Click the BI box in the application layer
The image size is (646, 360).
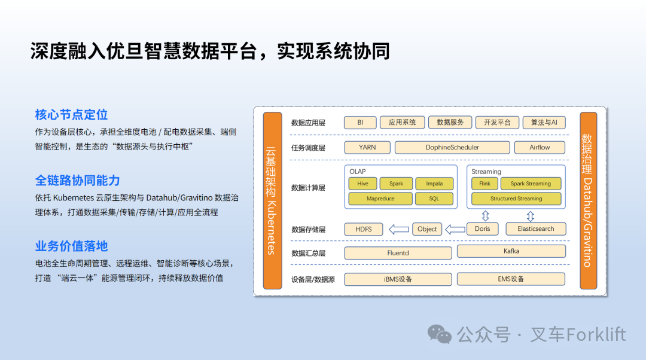tap(360, 123)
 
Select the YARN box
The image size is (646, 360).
tap(367, 147)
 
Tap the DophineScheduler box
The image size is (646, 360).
tap(452, 147)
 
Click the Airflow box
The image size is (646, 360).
tap(540, 147)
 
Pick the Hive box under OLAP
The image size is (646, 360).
tap(362, 184)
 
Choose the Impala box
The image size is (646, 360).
tap(434, 184)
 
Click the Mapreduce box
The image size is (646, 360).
tap(380, 199)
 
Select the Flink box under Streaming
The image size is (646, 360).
tap(484, 184)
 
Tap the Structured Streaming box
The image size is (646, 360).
tap(516, 199)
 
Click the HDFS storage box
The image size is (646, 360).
tap(364, 229)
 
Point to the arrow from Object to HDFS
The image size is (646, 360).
tap(398, 229)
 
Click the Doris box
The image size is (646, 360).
tap(482, 229)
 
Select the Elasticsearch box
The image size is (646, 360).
tap(535, 229)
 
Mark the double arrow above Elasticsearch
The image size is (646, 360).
tap(530, 216)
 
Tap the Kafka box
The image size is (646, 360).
tap(511, 251)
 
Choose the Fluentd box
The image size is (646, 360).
tap(398, 253)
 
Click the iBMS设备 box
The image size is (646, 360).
tap(398, 279)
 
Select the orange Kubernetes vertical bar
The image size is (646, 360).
tap(272, 200)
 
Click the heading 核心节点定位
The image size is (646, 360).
tap(71, 114)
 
